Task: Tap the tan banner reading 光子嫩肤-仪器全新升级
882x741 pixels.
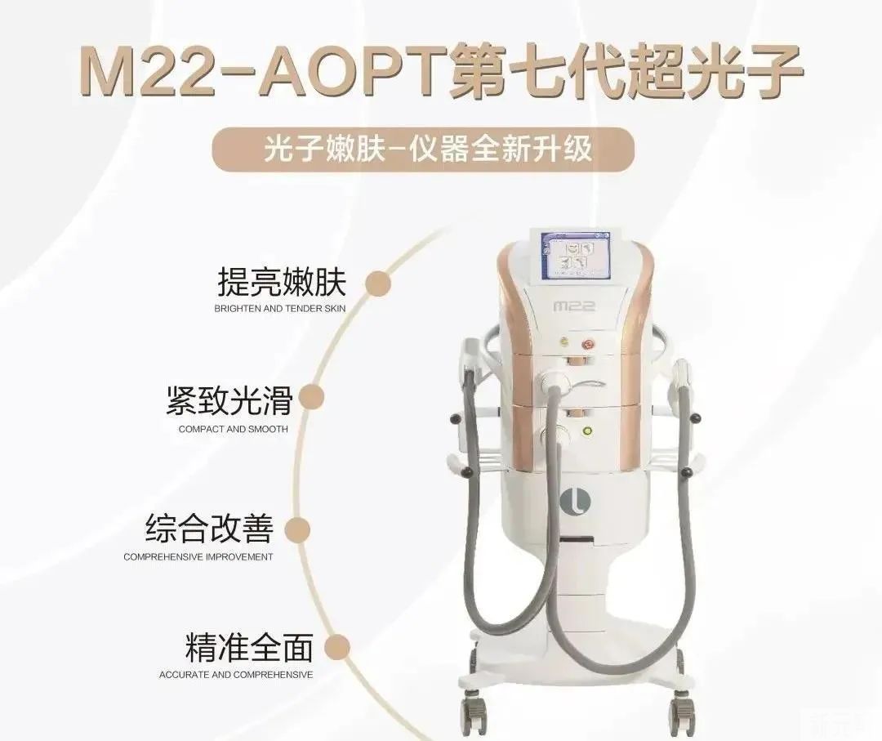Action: (x=424, y=150)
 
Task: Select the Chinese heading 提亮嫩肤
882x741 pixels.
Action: (x=281, y=282)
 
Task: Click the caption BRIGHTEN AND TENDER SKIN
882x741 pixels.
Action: (x=280, y=308)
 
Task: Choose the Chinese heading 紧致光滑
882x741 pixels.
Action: (x=229, y=400)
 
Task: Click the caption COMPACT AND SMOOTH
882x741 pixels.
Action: (x=234, y=429)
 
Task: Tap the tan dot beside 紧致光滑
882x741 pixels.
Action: (x=310, y=397)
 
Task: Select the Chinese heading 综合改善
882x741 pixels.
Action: (x=209, y=528)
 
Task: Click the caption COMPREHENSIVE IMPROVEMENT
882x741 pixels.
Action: (x=198, y=557)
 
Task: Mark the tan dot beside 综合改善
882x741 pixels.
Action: (x=297, y=529)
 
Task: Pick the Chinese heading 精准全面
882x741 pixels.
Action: (x=249, y=647)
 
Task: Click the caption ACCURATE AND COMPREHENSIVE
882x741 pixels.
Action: (x=236, y=674)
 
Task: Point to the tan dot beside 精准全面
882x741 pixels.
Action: (x=337, y=647)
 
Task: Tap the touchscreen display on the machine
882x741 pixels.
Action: (x=576, y=256)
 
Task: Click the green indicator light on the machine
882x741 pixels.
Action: (x=587, y=432)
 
